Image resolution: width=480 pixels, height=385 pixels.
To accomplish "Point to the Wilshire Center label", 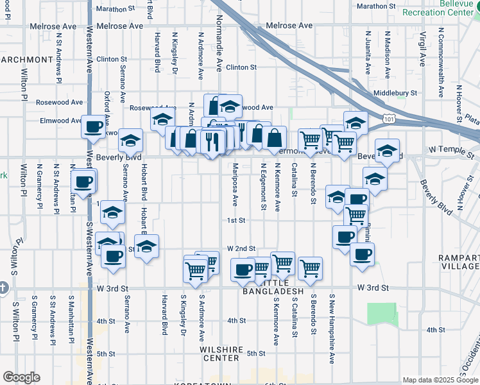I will click(221, 354).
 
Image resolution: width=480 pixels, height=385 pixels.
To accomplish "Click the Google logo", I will click(21, 377).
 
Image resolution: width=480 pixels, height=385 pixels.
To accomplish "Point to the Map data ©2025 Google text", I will click(440, 380).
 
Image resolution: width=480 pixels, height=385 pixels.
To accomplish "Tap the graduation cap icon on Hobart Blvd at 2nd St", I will click(147, 247).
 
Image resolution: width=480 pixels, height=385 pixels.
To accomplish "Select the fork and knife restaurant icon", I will click(213, 141).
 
